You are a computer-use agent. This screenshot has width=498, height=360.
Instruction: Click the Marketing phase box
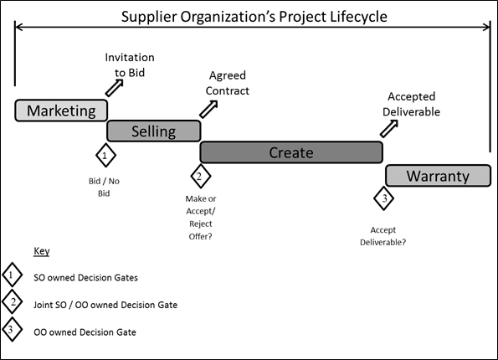(61, 111)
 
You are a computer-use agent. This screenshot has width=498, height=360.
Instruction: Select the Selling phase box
(154, 131)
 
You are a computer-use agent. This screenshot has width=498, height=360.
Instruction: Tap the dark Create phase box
(291, 152)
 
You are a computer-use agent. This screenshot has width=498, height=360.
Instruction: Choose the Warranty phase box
(438, 176)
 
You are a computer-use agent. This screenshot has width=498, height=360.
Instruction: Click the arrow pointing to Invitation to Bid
(115, 87)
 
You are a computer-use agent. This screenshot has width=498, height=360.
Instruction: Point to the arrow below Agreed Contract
(208, 109)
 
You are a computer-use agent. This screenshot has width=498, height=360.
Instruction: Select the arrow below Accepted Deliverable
(389, 129)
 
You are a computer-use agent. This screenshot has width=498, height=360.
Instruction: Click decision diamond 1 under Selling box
(105, 156)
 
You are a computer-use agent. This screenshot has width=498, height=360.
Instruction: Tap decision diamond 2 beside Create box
(200, 176)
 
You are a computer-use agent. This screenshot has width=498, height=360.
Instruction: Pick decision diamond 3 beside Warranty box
(383, 198)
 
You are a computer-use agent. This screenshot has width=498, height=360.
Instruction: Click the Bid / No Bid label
(104, 188)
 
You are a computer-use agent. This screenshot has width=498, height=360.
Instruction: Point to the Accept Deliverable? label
(383, 236)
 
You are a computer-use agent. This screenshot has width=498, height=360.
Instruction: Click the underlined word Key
(42, 251)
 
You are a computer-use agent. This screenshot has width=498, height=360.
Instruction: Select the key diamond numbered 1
(12, 275)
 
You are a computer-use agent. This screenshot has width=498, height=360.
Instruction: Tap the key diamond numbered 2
(12, 302)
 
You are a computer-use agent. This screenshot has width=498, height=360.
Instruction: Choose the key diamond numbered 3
(12, 330)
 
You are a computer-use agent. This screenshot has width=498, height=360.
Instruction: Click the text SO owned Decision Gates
(85, 278)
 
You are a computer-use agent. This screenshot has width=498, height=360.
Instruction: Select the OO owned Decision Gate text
(85, 332)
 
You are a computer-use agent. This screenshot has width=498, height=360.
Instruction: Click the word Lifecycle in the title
(358, 17)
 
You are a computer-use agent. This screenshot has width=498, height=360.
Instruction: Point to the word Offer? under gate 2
(200, 236)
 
